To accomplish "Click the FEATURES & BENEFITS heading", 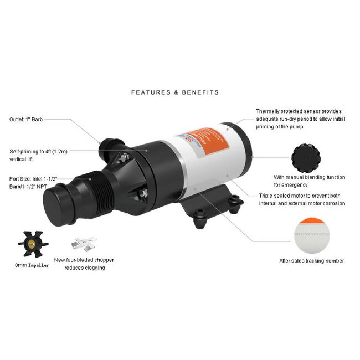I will pos(174,92).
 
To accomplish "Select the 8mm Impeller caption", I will pos(32,265).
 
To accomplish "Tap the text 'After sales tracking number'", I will pos(312,261).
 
